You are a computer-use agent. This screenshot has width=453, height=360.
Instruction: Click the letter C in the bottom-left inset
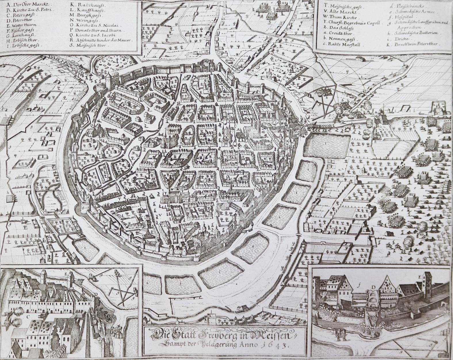click(28, 317)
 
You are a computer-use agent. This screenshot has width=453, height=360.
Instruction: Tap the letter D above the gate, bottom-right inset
click(373, 287)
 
